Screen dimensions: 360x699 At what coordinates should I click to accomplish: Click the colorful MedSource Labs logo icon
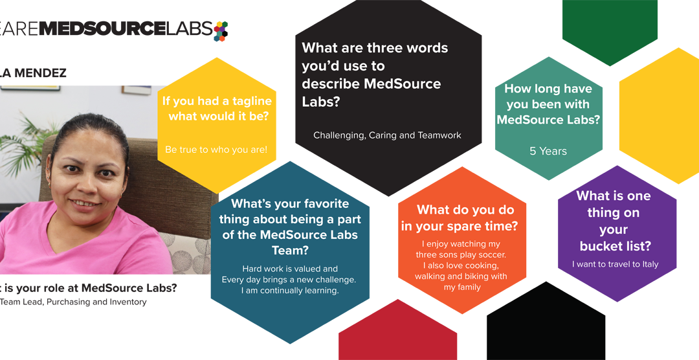pos(221,30)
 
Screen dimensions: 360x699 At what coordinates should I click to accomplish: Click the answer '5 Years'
pos(548,151)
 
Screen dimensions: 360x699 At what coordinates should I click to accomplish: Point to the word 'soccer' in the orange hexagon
pos(491,254)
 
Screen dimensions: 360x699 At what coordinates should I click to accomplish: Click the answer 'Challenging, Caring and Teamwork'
pos(387,135)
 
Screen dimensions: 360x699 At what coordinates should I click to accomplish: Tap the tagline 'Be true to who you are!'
pos(216,150)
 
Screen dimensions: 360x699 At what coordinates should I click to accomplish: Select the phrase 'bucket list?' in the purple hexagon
pos(615,246)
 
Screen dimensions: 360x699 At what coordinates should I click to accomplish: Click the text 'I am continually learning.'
pos(289,291)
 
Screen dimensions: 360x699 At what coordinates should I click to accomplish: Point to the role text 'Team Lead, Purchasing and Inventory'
pos(73,302)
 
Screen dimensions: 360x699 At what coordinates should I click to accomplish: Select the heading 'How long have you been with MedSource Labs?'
pos(548,104)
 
